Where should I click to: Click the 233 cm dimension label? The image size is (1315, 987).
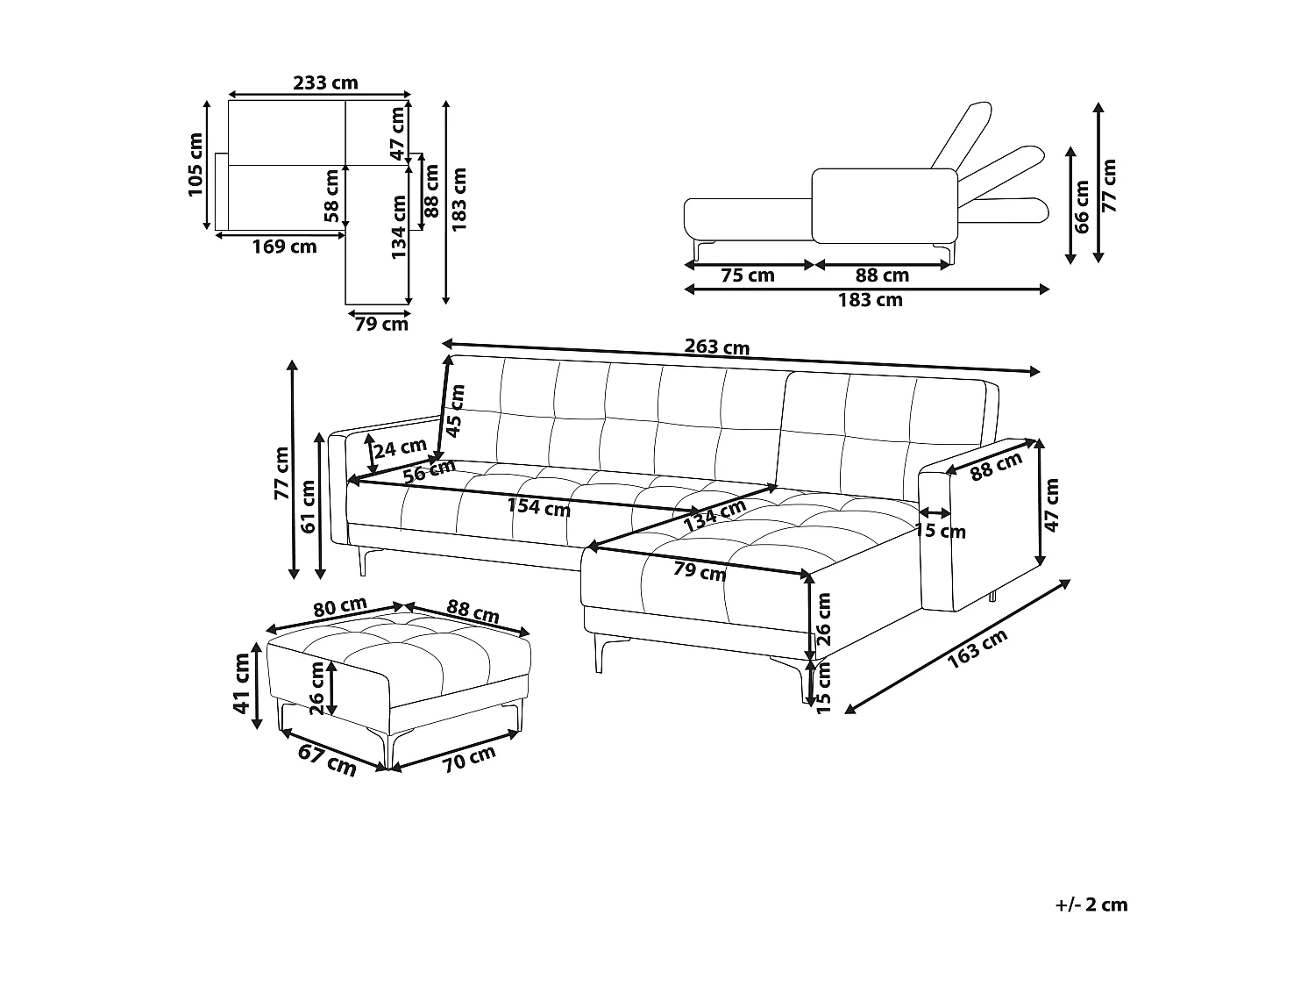pos(325,82)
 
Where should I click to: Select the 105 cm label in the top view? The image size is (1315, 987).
pos(195,165)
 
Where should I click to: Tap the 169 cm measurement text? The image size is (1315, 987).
pos(284,247)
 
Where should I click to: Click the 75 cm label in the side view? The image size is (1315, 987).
pos(747,275)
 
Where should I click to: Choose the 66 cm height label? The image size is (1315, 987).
pos(1082,206)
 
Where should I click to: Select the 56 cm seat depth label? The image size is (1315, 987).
pos(430,473)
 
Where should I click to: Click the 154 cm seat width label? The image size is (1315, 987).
pos(539,506)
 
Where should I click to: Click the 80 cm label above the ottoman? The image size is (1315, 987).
pos(339,605)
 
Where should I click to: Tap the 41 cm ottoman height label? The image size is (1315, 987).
pos(242,684)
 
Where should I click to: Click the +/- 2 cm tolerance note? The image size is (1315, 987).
pos(1091,905)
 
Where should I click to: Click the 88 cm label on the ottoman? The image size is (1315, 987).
pos(473,611)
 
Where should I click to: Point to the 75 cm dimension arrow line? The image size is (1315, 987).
pos(750,263)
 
